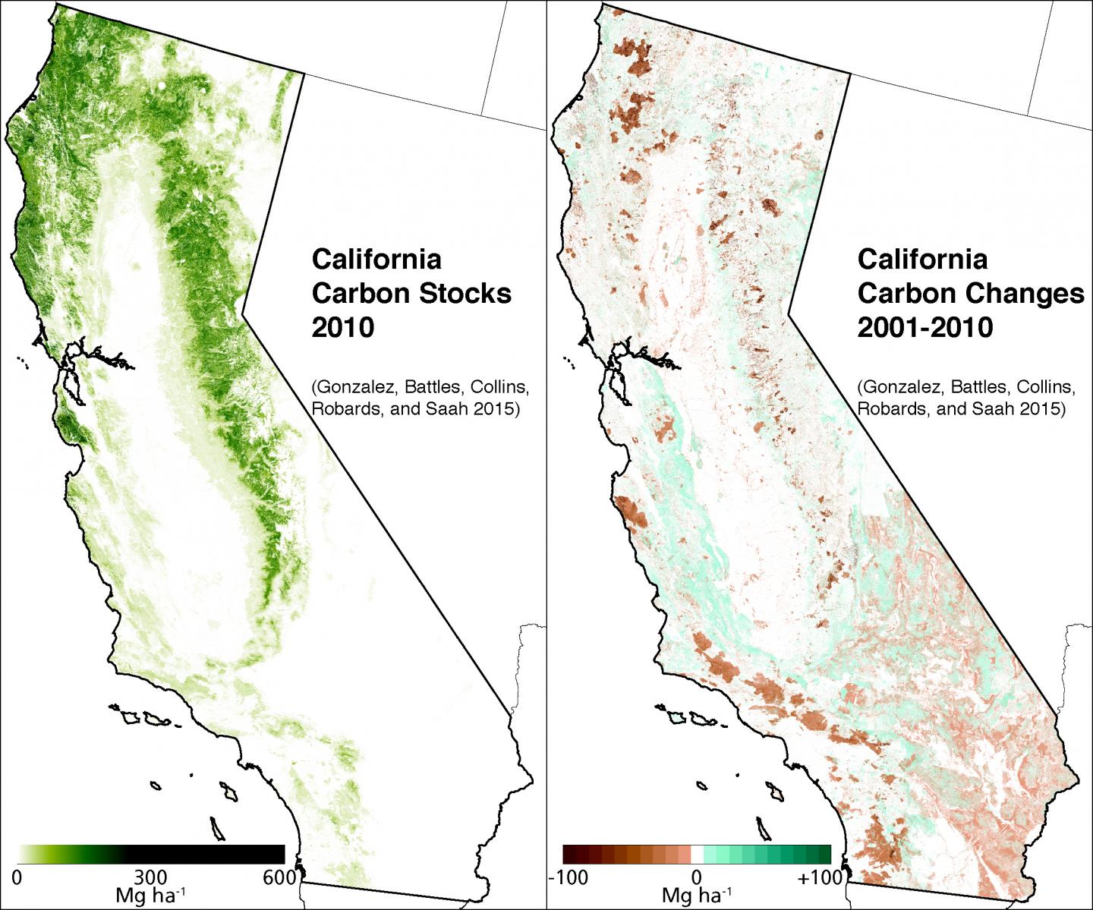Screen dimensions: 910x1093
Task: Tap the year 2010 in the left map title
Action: pos(343,327)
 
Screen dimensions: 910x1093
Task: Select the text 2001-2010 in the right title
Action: pos(925,327)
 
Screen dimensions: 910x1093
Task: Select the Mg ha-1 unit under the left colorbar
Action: pos(150,896)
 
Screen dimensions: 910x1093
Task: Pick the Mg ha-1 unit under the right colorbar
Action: pos(697,896)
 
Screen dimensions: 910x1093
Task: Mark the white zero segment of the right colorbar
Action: pos(697,854)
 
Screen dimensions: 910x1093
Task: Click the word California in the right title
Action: pos(922,259)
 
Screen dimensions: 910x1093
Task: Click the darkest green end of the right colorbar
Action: pos(825,854)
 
